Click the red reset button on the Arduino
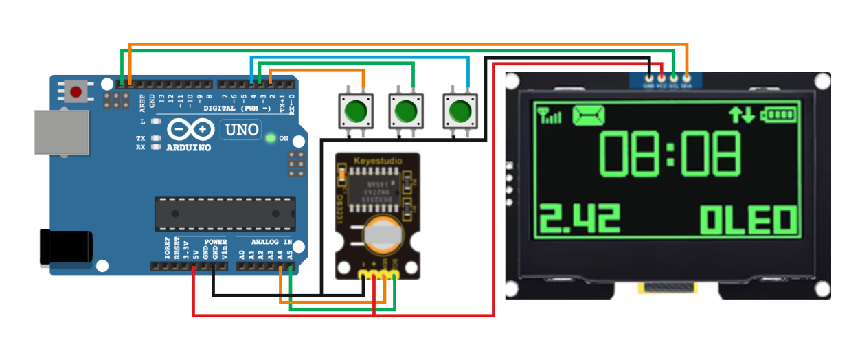coord(76,91)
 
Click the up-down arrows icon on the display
coord(743,114)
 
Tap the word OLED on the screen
coord(749,220)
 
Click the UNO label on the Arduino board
coord(240,129)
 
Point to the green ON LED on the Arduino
coord(270,138)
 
